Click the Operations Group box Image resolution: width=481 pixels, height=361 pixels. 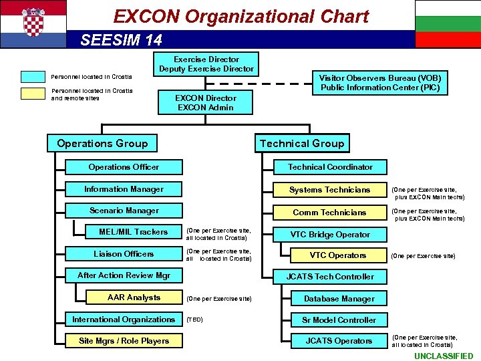tap(102, 143)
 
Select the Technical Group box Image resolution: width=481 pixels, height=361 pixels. tap(302, 143)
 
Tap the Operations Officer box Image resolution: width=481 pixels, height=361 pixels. tap(124, 167)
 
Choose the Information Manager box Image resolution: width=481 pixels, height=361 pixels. tap(124, 189)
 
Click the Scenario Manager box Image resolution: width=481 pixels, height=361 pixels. tap(124, 211)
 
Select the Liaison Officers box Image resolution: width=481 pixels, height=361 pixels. tap(124, 254)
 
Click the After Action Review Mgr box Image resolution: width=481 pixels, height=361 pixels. tap(124, 275)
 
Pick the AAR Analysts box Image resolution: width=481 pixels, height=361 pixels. tap(134, 297)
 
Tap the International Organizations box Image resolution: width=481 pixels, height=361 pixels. tap(124, 320)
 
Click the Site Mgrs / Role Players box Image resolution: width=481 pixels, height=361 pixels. tap(124, 341)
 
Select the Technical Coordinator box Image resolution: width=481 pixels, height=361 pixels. tap(330, 167)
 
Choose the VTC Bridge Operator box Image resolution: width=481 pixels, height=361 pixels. tap(330, 235)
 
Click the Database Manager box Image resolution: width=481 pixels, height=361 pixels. tap(339, 299)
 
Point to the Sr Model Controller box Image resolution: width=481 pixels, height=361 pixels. tap(339, 320)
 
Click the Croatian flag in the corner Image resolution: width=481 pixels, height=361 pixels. tap(33, 23)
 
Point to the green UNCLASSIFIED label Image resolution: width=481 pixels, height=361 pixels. tap(443, 356)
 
